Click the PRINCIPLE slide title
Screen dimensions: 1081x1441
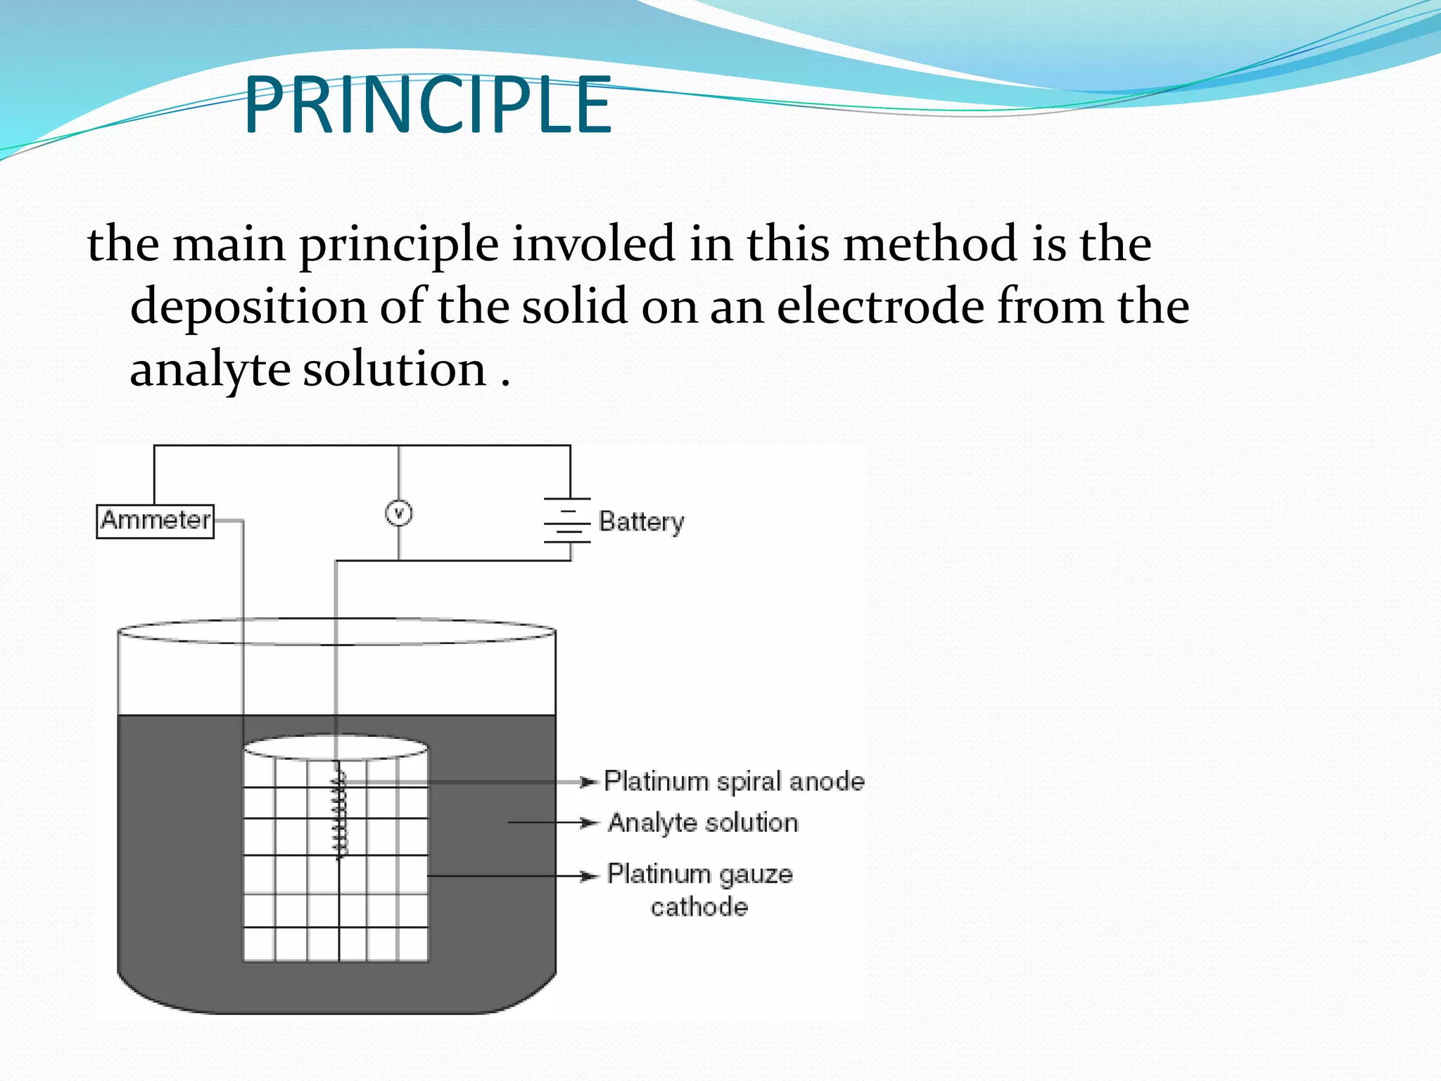tap(428, 106)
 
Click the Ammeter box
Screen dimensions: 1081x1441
tap(155, 521)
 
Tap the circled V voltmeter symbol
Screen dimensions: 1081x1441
tap(399, 513)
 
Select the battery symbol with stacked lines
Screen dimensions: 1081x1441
tap(567, 521)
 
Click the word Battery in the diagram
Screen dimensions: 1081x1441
tap(641, 522)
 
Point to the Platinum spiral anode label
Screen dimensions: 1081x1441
tap(734, 782)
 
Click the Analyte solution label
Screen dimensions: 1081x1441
tap(703, 823)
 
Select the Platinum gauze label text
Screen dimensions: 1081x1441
tap(700, 874)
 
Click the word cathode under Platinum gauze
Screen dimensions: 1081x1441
tap(699, 907)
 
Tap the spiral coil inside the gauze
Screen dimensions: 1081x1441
tap(340, 813)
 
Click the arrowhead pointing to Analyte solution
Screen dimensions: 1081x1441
tap(588, 823)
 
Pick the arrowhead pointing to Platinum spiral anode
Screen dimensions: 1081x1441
tap(588, 782)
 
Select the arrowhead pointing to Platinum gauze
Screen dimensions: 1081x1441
tap(588, 876)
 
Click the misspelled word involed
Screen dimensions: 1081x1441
tap(592, 244)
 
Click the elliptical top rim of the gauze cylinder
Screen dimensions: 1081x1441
tap(336, 747)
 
